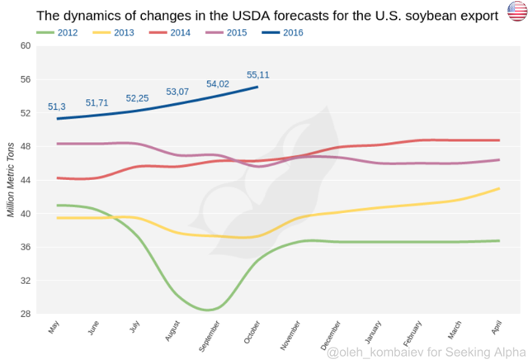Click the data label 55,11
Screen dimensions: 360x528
click(258, 75)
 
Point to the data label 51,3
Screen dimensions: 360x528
click(57, 107)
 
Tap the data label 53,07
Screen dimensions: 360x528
click(177, 92)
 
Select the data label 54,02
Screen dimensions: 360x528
click(218, 83)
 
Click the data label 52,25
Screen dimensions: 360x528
click(137, 98)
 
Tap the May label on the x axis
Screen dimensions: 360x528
click(54, 328)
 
